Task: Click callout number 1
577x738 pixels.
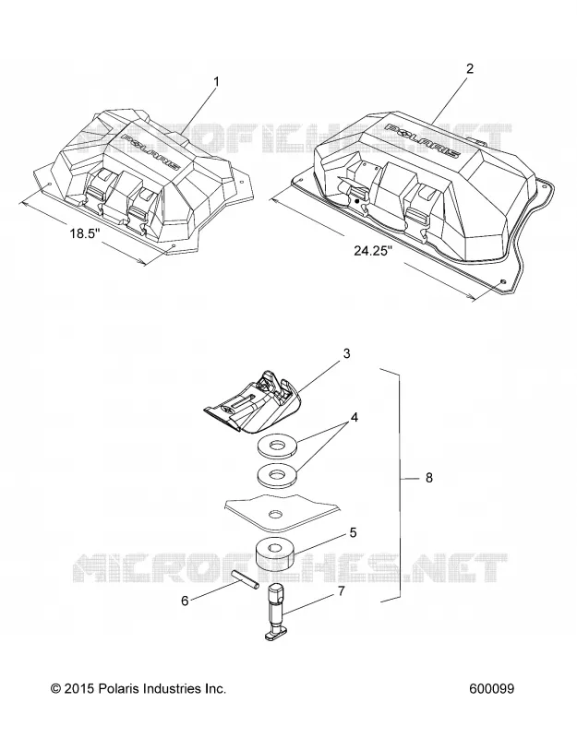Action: (216, 82)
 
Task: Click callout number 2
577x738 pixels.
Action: (470, 68)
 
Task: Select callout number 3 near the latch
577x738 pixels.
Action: (347, 353)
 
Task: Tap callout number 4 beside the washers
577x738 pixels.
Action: (354, 418)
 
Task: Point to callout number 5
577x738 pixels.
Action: (354, 533)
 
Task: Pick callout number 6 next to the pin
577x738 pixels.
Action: (185, 601)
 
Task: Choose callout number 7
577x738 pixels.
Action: (341, 590)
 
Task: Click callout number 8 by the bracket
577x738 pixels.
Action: (428, 478)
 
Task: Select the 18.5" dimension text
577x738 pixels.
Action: (86, 233)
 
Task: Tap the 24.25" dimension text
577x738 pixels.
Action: (374, 250)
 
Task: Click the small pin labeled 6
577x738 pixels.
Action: (246, 578)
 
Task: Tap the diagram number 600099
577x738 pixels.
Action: (492, 688)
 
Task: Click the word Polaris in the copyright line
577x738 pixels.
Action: (117, 688)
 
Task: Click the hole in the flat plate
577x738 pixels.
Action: (274, 514)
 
